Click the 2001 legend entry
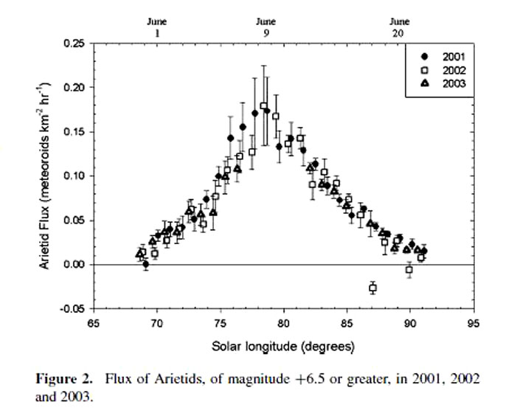pyautogui.click(x=439, y=57)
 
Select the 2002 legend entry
pyautogui.click(x=439, y=70)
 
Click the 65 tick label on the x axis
pyautogui.click(x=93, y=322)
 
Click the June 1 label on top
pyautogui.click(x=156, y=27)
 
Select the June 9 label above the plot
pyautogui.click(x=266, y=27)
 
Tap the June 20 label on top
pyautogui.click(x=399, y=27)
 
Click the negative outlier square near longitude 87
pyautogui.click(x=372, y=288)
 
